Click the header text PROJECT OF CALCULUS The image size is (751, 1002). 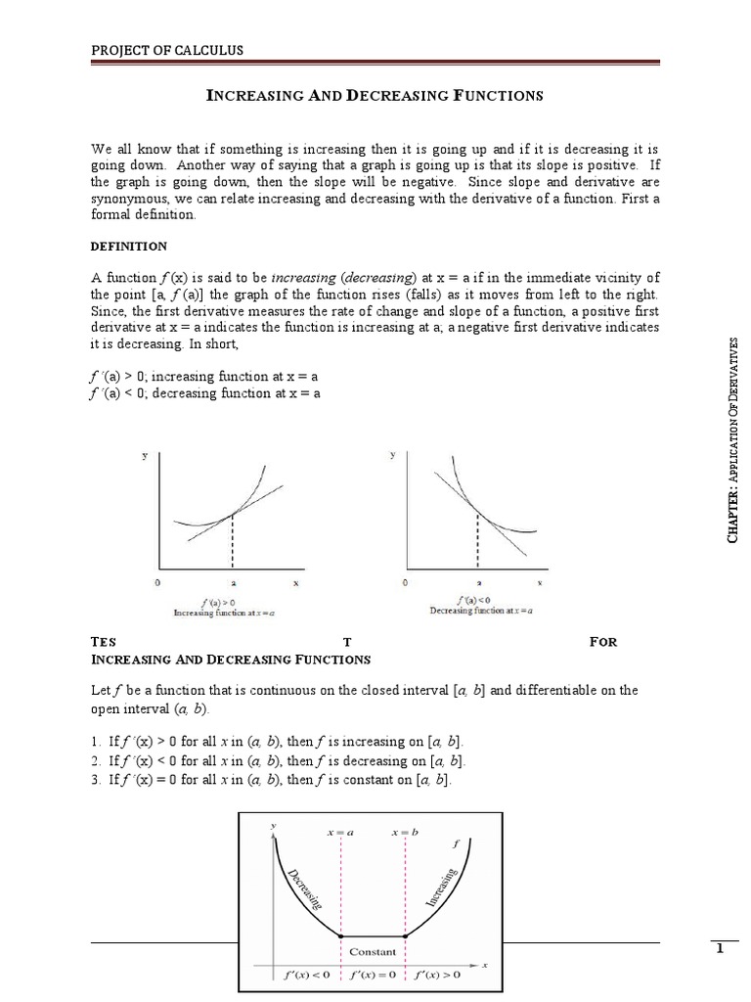click(x=167, y=50)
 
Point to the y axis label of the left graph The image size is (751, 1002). click(x=146, y=456)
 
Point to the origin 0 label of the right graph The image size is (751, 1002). click(x=405, y=582)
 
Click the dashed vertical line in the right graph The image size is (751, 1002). click(x=476, y=538)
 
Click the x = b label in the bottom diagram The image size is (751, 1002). click(x=405, y=832)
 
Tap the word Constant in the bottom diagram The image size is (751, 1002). click(x=373, y=951)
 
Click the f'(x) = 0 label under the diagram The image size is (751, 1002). click(x=373, y=975)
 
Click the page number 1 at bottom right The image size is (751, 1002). click(x=719, y=948)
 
